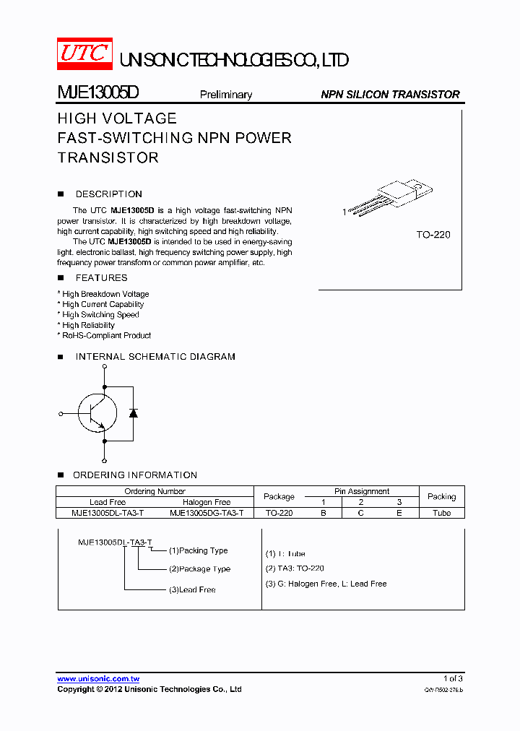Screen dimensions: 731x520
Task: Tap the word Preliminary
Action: click(x=226, y=95)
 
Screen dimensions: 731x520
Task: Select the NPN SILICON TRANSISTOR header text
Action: click(x=390, y=95)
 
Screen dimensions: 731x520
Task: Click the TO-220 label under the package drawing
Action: click(x=433, y=235)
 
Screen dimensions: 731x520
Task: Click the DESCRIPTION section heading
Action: click(x=108, y=194)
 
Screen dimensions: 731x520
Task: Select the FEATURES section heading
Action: click(x=101, y=278)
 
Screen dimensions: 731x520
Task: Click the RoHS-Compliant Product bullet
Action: click(x=106, y=335)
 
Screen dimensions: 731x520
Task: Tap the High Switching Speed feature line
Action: click(x=100, y=315)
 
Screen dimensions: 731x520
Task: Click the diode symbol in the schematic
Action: click(x=133, y=412)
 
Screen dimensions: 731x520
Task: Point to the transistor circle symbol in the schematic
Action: click(x=97, y=413)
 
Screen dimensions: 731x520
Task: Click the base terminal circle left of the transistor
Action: click(x=61, y=414)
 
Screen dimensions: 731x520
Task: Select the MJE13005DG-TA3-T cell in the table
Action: click(x=207, y=513)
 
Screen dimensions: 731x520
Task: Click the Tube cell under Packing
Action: click(x=441, y=513)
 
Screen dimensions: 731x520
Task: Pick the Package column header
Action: click(x=279, y=497)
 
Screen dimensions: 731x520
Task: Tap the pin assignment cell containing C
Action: click(x=361, y=513)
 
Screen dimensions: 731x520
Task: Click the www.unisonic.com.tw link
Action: click(x=98, y=679)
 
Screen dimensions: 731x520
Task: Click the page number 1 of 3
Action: click(x=453, y=679)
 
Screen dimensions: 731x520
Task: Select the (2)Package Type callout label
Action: click(x=199, y=569)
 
